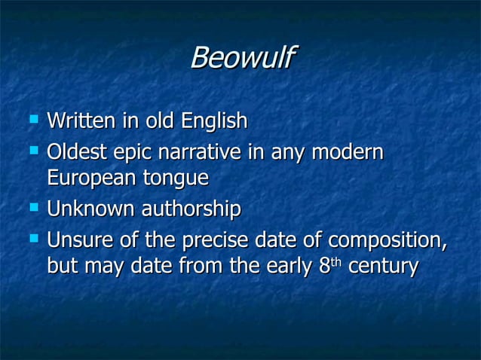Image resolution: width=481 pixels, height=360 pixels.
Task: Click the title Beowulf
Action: coord(242,58)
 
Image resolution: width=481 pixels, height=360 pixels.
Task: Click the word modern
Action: coord(347,153)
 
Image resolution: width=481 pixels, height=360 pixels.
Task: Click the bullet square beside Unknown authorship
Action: coord(32,206)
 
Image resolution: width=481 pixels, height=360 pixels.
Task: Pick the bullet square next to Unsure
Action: coord(32,239)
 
